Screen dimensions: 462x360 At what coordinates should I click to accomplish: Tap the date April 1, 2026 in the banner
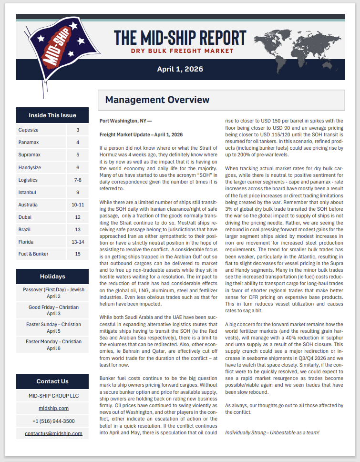click(x=180, y=69)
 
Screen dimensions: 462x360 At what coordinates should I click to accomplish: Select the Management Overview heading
click(x=157, y=100)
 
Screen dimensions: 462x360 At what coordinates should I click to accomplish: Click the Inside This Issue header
click(x=52, y=115)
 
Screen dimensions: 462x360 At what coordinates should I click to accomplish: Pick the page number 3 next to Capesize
click(x=78, y=130)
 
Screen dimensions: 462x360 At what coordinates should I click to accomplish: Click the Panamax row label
click(x=29, y=142)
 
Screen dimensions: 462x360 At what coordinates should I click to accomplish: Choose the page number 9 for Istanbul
click(x=78, y=192)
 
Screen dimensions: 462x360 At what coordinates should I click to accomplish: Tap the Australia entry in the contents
click(x=29, y=204)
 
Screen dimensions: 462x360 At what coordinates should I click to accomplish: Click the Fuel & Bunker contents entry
click(x=33, y=254)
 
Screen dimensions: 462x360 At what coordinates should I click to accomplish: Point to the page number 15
click(x=78, y=254)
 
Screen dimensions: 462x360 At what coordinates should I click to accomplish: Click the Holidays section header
click(x=52, y=276)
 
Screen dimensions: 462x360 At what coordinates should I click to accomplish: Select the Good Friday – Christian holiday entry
click(x=52, y=310)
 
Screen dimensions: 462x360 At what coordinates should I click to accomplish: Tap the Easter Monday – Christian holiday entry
click(x=52, y=345)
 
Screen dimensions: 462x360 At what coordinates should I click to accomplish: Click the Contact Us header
click(x=52, y=381)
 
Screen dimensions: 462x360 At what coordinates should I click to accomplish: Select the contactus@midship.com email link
click(x=53, y=433)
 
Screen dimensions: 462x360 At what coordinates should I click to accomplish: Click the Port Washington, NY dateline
click(x=125, y=122)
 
